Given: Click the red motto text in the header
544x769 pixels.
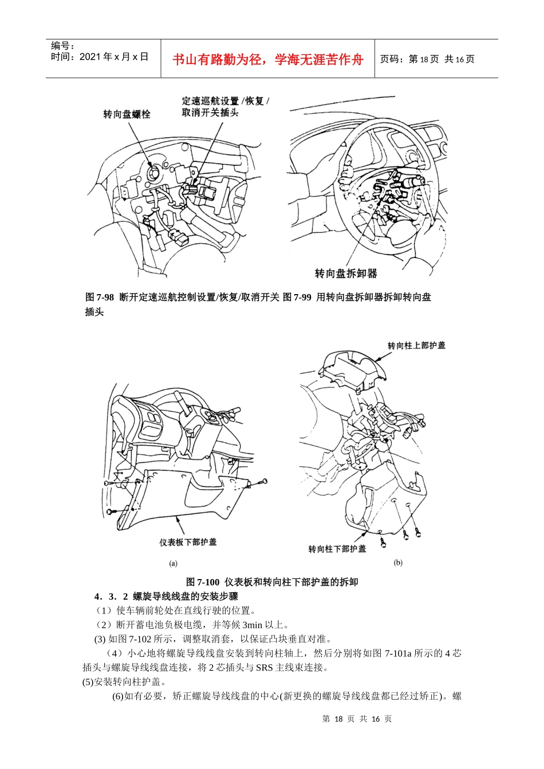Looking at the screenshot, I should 267,60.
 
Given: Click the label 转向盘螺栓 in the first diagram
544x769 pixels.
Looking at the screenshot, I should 127,114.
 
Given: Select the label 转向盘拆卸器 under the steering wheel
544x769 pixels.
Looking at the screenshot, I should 346,273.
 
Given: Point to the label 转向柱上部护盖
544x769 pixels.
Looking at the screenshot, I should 416,346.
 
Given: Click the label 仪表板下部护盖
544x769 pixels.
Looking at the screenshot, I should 188,542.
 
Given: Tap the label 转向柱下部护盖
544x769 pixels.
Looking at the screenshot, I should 337,549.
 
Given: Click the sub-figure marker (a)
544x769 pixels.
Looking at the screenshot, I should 173,564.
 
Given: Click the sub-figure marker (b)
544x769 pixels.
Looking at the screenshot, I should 397,562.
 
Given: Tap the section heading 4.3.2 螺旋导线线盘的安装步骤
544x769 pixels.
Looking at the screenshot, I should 166,596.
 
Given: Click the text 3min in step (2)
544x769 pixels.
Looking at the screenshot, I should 252,625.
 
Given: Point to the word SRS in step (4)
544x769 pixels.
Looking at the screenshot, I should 264,667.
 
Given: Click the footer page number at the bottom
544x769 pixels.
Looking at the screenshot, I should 356,719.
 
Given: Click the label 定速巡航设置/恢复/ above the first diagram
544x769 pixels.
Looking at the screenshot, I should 225,101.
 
